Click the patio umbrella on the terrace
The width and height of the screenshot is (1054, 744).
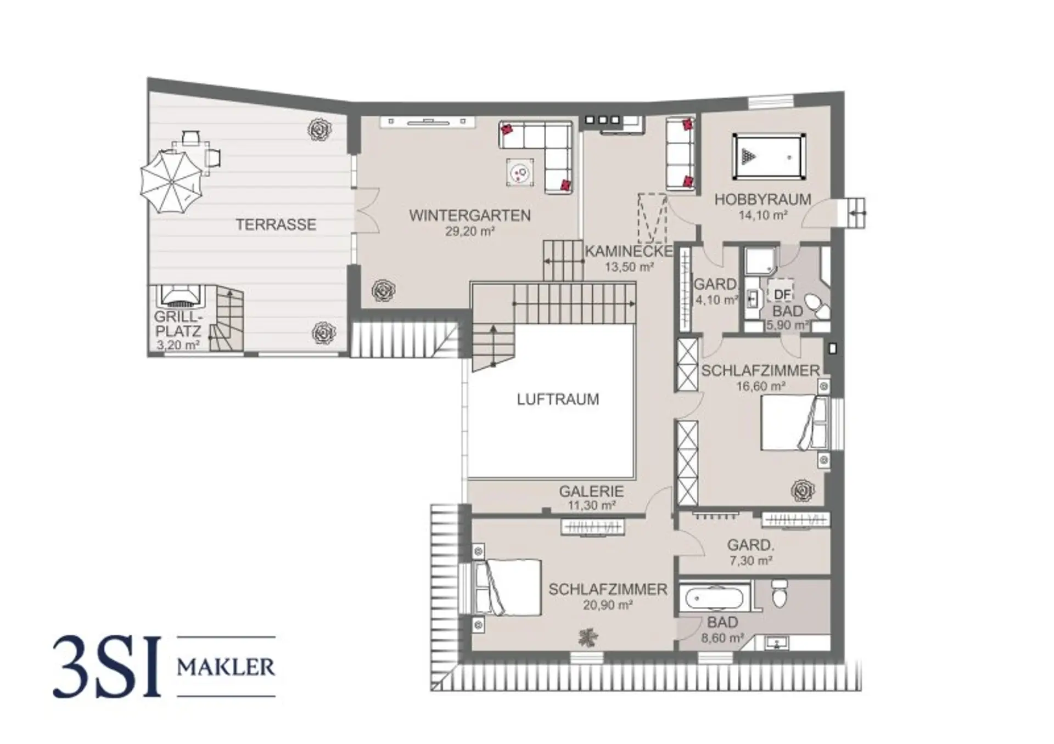[171, 182]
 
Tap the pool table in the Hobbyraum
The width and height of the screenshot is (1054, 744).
[769, 157]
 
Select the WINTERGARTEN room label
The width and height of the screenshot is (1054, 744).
[470, 216]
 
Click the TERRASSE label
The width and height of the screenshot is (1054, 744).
[276, 224]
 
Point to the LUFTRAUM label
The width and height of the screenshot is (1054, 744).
[558, 399]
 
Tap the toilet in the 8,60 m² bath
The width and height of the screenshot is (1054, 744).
[780, 594]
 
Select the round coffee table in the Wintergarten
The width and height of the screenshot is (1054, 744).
[519, 173]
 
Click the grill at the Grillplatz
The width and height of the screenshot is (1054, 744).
[181, 296]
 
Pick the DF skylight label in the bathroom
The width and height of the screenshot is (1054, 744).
[782, 295]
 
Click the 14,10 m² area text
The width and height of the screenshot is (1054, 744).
[763, 215]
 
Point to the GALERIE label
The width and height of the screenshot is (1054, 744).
[591, 492]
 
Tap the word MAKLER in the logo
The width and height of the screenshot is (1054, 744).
[226, 667]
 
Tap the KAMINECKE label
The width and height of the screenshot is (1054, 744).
[629, 251]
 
